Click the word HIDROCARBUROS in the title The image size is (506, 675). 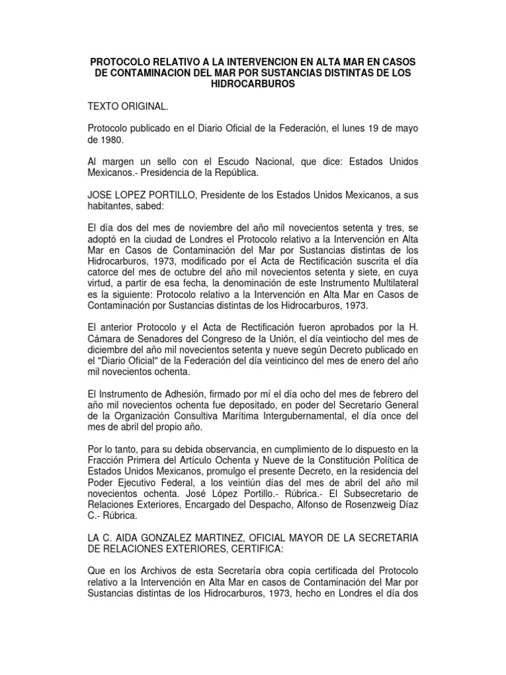[253, 85]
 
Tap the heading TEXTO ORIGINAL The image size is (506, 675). [129, 105]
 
